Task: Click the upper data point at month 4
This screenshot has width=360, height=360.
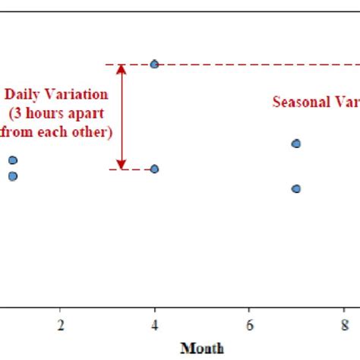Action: (x=154, y=65)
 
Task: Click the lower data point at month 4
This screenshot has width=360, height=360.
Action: (x=154, y=169)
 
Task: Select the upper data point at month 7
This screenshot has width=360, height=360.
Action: (x=296, y=144)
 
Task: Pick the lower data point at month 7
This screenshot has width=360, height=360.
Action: (x=296, y=188)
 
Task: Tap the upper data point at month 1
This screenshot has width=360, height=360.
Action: (x=13, y=159)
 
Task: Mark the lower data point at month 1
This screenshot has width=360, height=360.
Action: (x=13, y=176)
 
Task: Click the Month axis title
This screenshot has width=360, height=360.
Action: (x=201, y=348)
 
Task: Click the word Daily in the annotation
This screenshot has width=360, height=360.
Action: (x=23, y=95)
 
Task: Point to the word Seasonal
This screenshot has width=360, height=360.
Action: (x=300, y=103)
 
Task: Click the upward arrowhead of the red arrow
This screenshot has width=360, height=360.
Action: (x=121, y=70)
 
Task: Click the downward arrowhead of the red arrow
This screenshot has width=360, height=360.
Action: (x=121, y=163)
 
